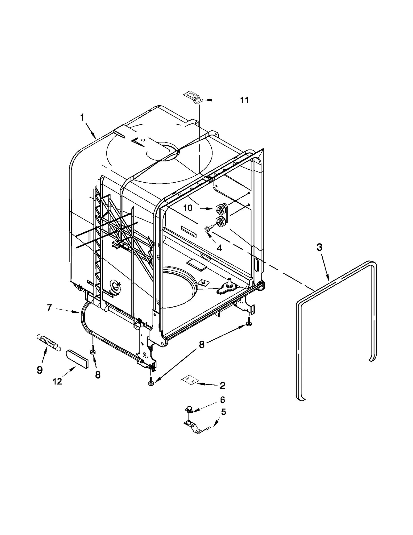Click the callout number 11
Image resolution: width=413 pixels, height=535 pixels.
[244, 100]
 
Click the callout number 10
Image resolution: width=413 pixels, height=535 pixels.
[188, 208]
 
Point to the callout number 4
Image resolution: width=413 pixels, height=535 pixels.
[219, 248]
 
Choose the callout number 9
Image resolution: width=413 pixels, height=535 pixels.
[39, 370]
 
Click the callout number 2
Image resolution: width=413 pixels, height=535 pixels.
[222, 385]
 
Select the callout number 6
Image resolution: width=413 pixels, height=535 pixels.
[222, 400]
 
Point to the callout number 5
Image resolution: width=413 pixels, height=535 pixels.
[223, 412]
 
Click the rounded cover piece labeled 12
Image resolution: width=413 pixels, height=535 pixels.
[76, 358]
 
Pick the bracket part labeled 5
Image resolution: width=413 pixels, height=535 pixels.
[196, 427]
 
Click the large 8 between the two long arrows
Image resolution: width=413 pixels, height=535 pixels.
[202, 344]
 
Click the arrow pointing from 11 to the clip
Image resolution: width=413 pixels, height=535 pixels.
[219, 100]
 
